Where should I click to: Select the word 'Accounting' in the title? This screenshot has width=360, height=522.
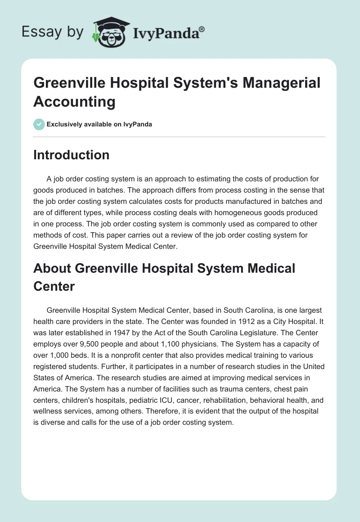click(74, 102)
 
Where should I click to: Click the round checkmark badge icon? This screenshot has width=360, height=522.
click(39, 124)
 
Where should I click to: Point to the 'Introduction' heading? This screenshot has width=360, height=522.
click(71, 155)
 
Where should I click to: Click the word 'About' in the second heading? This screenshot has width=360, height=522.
click(52, 268)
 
